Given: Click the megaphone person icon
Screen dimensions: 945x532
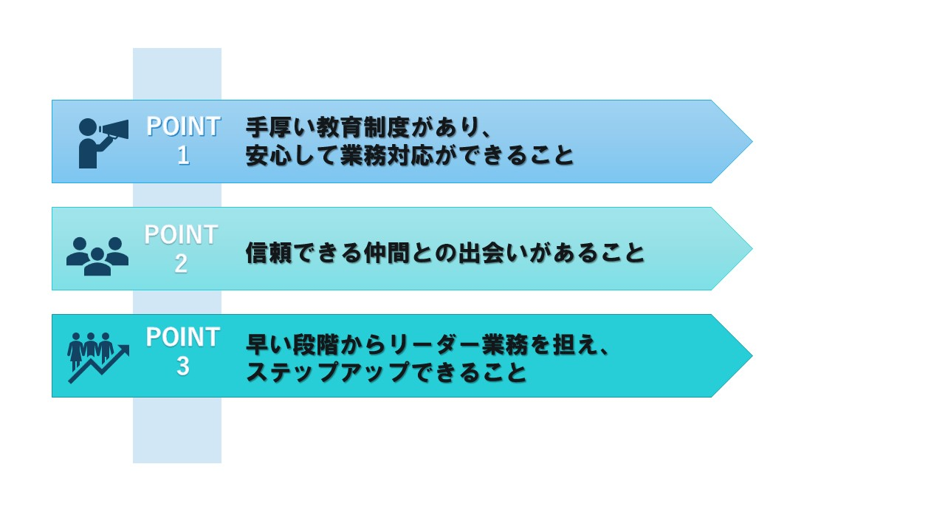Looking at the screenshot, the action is (x=103, y=143).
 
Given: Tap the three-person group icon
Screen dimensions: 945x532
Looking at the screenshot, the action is (x=97, y=256).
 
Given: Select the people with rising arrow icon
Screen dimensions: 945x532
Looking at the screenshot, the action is (x=98, y=358).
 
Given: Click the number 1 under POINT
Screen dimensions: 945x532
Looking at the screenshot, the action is (x=183, y=155).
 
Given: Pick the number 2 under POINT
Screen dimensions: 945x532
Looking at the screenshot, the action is (x=182, y=264).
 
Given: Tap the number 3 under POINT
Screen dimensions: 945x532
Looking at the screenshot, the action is (x=182, y=366).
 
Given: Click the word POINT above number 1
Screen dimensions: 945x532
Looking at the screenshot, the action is (x=183, y=126).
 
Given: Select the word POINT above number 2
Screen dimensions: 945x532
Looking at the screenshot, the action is (x=182, y=234).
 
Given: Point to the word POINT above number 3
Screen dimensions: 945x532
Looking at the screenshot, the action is (x=182, y=337).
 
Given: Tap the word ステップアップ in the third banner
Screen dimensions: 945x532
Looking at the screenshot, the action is (x=328, y=372).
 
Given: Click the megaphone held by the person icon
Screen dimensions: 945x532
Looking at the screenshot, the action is (x=114, y=131).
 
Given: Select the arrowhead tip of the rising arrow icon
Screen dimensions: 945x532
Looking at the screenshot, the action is (x=128, y=346).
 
